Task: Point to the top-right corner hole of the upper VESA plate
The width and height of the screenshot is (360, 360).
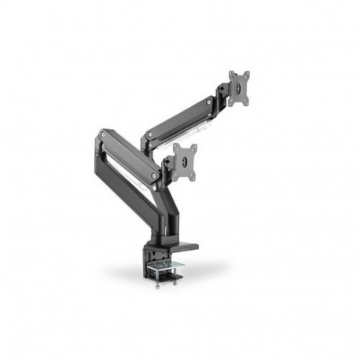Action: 248,72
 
